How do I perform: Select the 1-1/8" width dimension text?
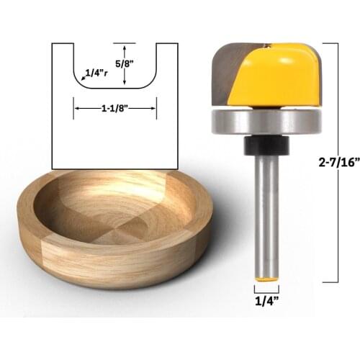coord(115,108)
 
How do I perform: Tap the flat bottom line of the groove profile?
coord(115,89)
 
